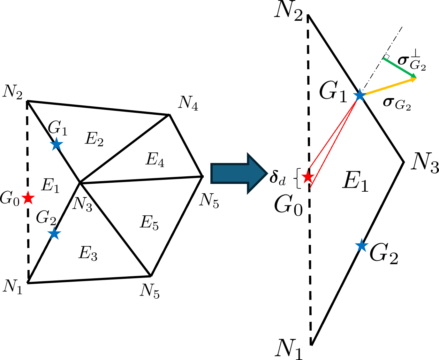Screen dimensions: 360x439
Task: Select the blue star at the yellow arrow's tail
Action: point(360,96)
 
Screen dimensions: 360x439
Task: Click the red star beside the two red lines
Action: point(308,177)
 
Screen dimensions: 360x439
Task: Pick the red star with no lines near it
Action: point(28,198)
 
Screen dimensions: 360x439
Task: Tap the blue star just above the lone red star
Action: point(57,144)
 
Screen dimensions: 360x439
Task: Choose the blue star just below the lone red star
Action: point(54,234)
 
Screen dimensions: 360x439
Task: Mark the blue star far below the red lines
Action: point(362,246)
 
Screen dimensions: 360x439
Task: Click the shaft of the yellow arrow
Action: point(388,87)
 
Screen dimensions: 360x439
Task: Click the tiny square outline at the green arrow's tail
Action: point(387,56)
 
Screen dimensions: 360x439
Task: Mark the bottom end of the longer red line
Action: point(310,188)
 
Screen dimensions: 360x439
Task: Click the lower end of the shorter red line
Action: point(310,168)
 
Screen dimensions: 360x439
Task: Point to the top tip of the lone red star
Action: point(28,191)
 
